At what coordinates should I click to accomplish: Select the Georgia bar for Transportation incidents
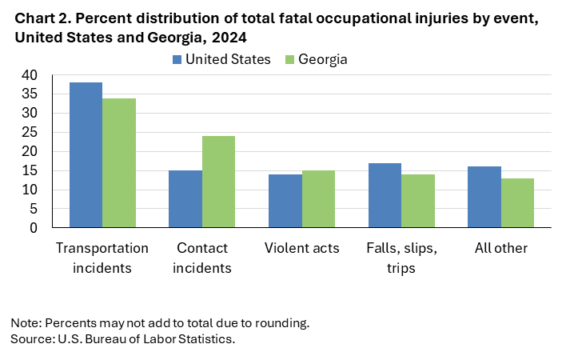coord(118,163)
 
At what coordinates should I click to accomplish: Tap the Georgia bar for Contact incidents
coord(218,182)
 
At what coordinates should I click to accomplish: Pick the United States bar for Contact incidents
coord(185,199)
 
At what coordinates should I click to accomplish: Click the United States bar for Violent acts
coord(285,201)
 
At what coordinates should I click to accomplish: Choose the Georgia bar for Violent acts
coord(318,199)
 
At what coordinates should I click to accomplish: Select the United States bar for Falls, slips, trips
coord(385,195)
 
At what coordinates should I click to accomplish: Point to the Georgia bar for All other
coord(517,203)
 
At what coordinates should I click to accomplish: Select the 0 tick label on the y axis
coord(33,228)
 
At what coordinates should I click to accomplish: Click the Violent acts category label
coord(301,248)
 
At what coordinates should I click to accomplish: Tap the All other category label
coord(501,248)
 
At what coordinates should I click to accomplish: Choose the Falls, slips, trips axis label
coord(401,258)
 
